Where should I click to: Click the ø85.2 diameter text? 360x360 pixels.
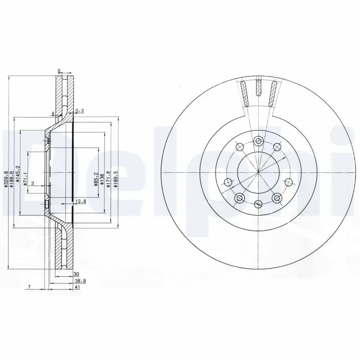[96, 179]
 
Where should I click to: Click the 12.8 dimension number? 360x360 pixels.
[81, 201]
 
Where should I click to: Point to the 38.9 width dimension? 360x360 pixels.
[80, 280]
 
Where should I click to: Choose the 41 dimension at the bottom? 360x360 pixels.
[78, 287]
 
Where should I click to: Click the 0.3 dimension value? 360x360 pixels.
[80, 111]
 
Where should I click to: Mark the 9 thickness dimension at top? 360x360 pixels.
[59, 70]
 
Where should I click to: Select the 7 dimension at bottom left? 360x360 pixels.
[28, 287]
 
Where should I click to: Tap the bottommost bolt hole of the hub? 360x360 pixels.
[258, 203]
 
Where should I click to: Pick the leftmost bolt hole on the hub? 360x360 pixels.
[228, 182]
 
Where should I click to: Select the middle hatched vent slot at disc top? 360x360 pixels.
[258, 88]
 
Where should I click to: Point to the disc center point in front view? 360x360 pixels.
[258, 172]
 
